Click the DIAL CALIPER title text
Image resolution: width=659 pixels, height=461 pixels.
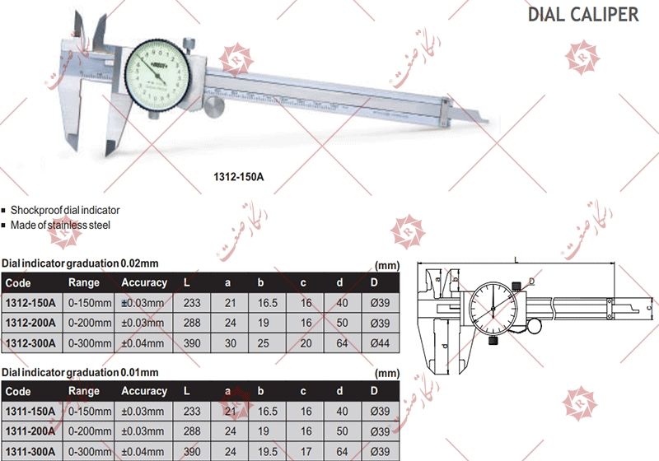[x=582, y=14]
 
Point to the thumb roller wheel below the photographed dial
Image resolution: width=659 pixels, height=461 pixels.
[x=217, y=107]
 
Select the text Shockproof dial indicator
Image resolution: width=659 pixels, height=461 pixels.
[x=65, y=211]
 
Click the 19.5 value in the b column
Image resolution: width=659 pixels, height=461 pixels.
[x=266, y=450]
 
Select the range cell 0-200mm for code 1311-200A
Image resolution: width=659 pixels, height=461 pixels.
[x=89, y=431]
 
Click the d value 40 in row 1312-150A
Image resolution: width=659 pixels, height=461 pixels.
[x=341, y=303]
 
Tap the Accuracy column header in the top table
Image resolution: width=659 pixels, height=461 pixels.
[x=144, y=282]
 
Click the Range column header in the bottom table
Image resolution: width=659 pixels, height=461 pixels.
[x=84, y=391]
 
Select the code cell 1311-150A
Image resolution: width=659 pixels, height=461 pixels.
[x=30, y=411]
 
